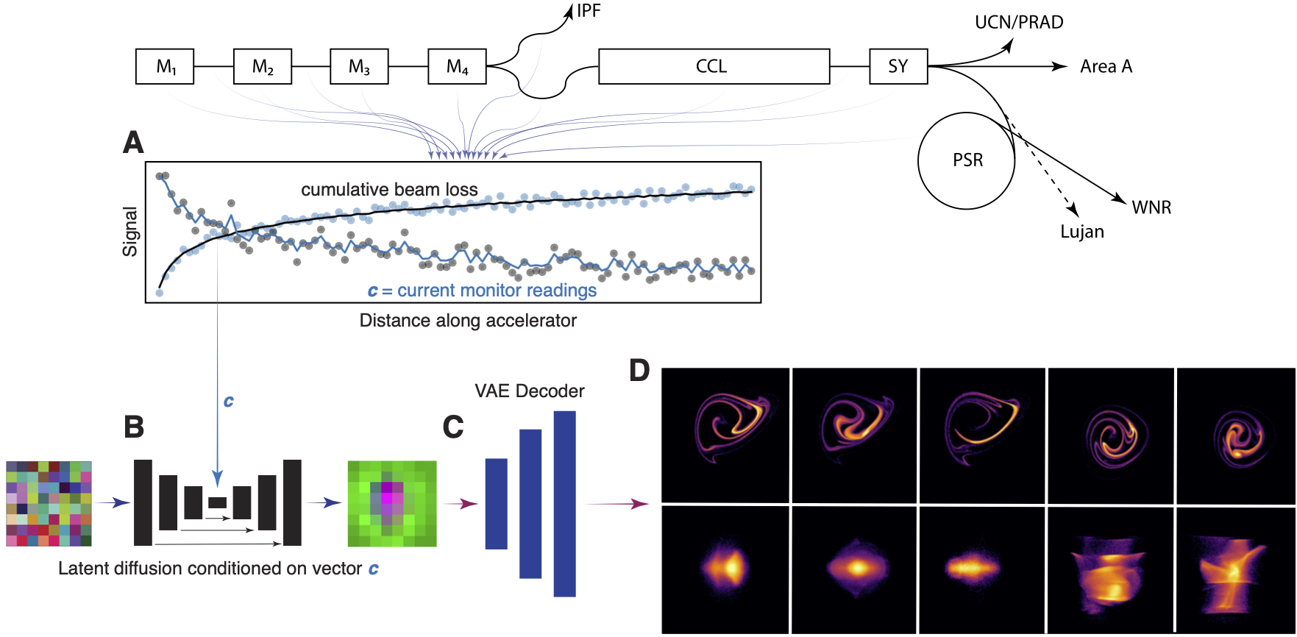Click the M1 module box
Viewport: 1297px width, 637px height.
tap(165, 67)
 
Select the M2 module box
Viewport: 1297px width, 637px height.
tap(263, 67)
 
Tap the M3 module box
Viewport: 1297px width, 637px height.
tap(359, 67)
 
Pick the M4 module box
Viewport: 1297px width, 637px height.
tap(457, 67)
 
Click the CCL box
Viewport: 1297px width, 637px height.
tap(714, 67)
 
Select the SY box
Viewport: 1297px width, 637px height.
tap(898, 67)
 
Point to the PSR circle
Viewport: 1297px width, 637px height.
tap(967, 160)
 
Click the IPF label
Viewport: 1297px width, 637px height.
tap(589, 11)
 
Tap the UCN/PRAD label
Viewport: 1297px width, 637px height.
tap(1019, 23)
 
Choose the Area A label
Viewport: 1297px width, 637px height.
tap(1106, 67)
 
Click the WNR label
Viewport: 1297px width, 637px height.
tap(1151, 208)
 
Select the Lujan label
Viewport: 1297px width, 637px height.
tap(1081, 232)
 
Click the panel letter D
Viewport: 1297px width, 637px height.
tap(639, 371)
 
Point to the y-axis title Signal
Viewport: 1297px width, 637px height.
tap(130, 231)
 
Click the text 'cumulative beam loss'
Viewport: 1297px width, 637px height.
tap(389, 190)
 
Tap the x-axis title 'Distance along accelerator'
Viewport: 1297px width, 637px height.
tap(468, 321)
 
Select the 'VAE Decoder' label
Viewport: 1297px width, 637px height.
tap(529, 391)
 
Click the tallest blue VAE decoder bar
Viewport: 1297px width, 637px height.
tap(564, 504)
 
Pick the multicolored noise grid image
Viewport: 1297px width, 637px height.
tap(49, 504)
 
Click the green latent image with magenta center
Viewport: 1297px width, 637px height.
tap(392, 504)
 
